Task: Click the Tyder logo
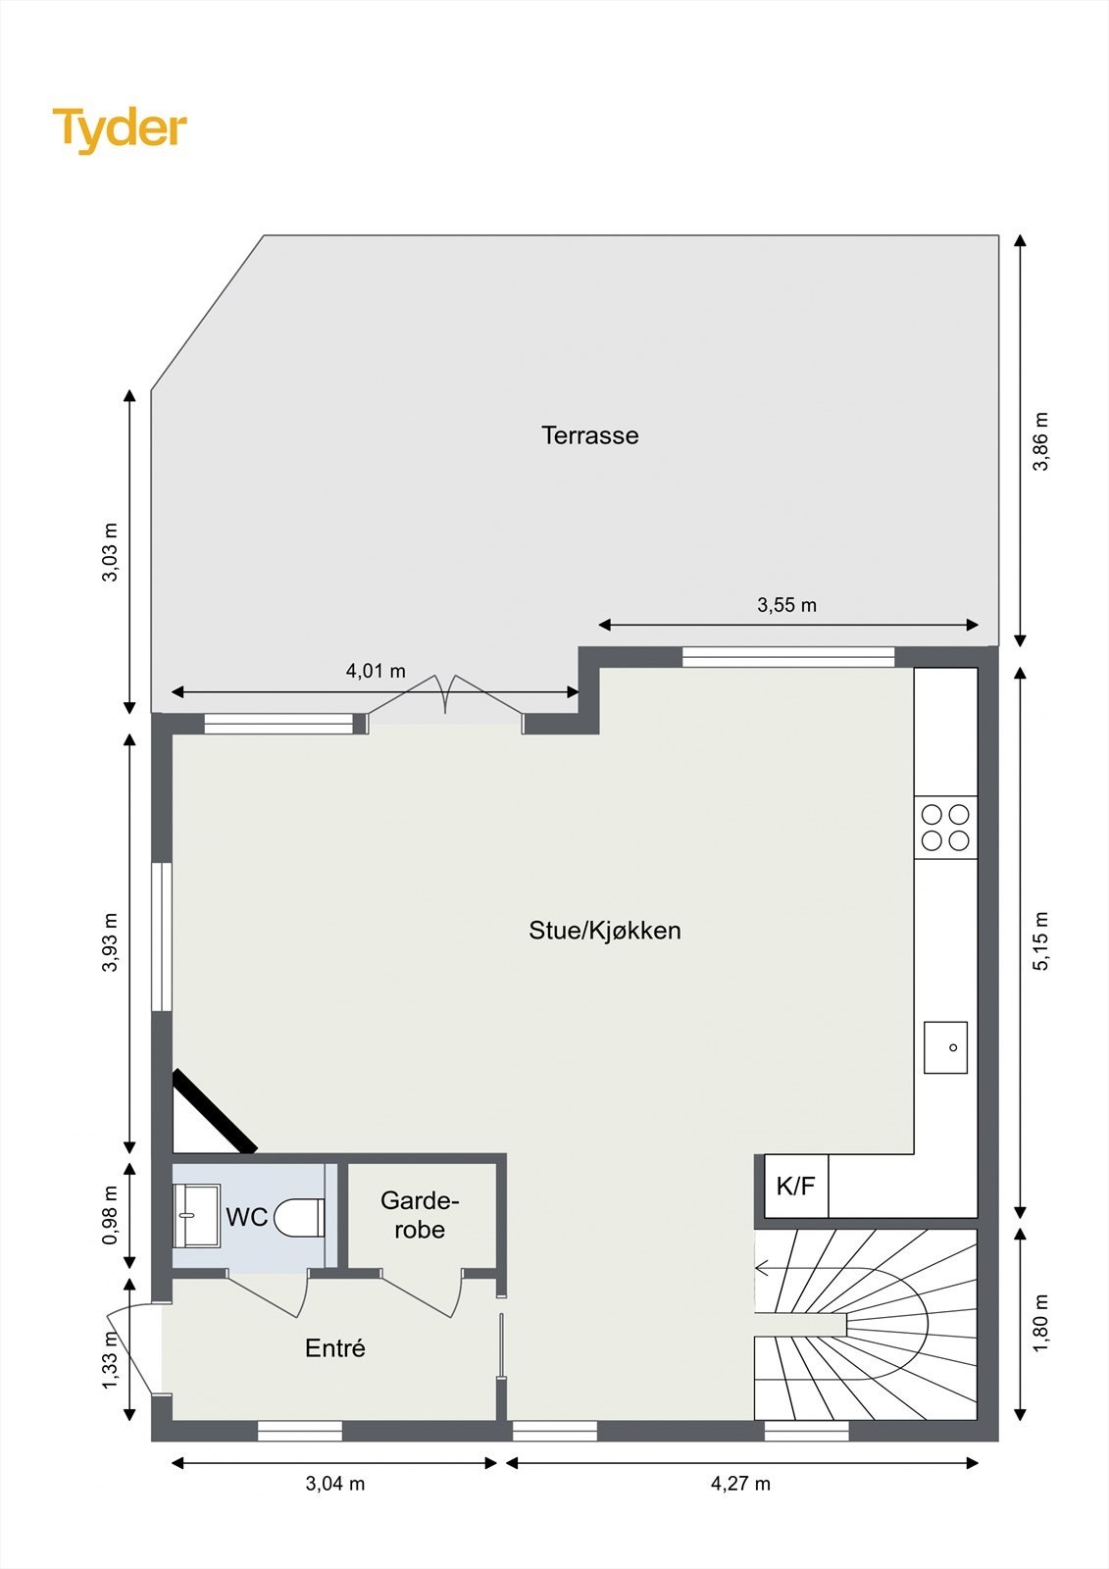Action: pos(120,128)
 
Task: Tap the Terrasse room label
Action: pos(589,435)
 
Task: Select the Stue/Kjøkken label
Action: pos(604,931)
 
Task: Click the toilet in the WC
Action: pos(299,1217)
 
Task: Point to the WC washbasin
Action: pos(196,1216)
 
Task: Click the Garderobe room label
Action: pos(420,1215)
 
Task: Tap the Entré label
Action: pos(335,1348)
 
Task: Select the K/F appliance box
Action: pos(795,1187)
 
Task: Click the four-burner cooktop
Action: pos(945,828)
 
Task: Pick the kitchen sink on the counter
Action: pos(945,1047)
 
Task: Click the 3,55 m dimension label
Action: pos(786,605)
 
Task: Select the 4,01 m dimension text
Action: pos(376,672)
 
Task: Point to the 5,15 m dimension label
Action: pos(1041,941)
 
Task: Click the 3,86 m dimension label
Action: pos(1041,441)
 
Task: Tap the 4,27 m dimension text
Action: pos(740,1484)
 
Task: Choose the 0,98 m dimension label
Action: pos(110,1216)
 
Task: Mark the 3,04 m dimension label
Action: pos(335,1484)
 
